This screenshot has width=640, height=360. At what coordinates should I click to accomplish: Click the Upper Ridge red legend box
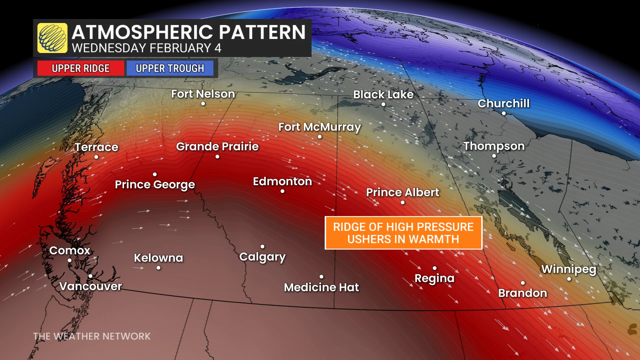pos(81,68)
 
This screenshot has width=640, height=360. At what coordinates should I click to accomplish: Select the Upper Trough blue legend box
pos(170,68)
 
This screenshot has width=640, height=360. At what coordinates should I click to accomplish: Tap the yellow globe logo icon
pos(52,38)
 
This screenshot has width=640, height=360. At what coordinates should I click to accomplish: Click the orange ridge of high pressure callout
pos(403,233)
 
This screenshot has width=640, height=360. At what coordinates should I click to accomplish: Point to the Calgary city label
pos(262,257)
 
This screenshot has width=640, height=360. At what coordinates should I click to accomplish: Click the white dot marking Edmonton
pos(282,191)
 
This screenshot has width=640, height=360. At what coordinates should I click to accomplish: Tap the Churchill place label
pos(503,103)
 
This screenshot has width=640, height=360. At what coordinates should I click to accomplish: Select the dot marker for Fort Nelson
pos(203,104)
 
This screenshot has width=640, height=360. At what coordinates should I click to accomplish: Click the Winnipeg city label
pos(569,269)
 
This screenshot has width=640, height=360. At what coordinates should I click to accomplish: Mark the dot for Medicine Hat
pos(321,277)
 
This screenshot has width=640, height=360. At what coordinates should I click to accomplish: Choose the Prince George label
pos(155,185)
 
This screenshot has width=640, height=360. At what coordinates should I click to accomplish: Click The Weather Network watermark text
pos(92,336)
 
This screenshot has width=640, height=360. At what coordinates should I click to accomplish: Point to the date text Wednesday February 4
pos(147,48)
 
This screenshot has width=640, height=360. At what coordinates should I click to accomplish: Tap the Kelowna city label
pos(158,258)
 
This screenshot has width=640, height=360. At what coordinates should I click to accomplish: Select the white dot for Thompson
pos(494,156)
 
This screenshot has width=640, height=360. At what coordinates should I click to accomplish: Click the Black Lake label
pos(383,94)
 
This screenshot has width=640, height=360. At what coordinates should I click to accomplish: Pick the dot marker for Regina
pos(435,268)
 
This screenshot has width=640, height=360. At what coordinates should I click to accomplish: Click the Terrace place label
pos(96,147)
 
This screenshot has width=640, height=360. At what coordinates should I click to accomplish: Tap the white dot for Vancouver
pos(90,276)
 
